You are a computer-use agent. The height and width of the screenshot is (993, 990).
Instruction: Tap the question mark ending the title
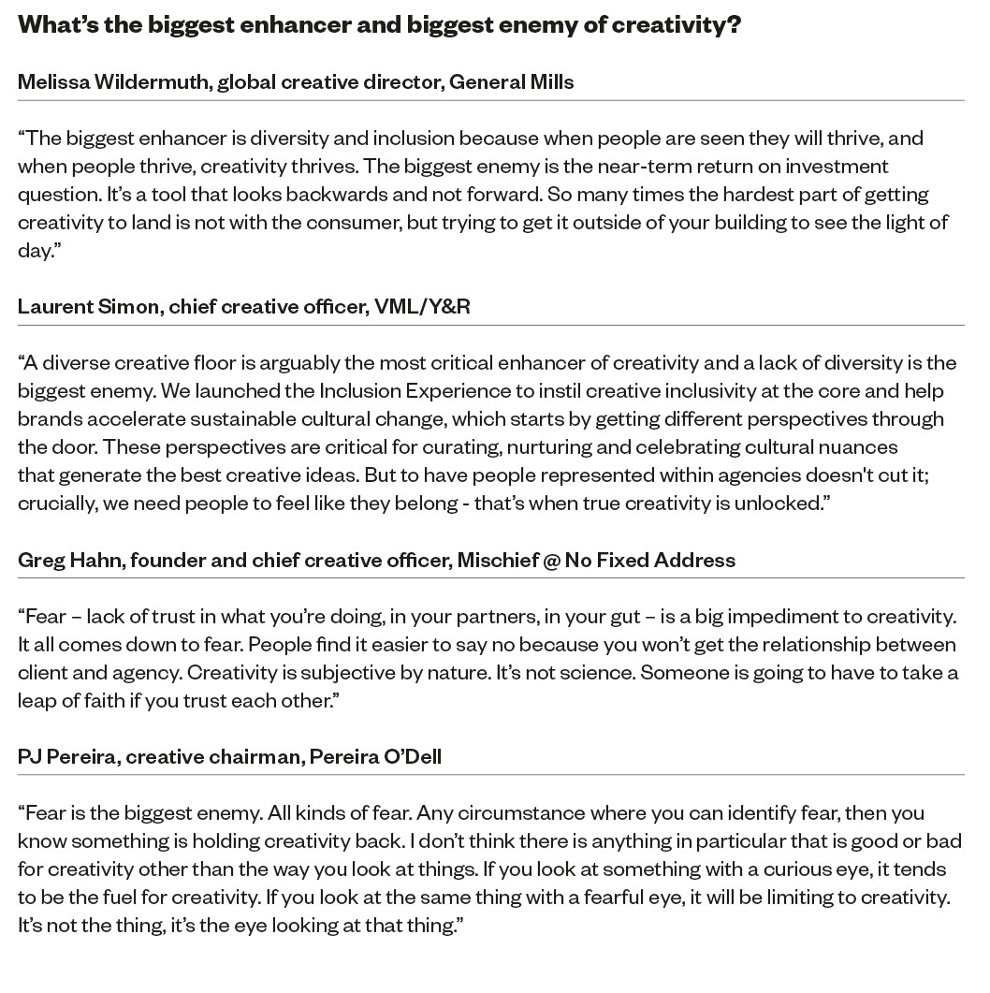(x=734, y=24)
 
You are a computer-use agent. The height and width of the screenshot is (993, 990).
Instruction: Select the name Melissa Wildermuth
(x=114, y=81)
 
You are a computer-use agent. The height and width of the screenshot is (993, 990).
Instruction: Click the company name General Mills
(x=512, y=81)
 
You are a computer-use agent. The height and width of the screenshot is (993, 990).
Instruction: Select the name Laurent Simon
(x=88, y=306)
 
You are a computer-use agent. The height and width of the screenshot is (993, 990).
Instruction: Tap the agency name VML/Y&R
(x=422, y=306)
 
